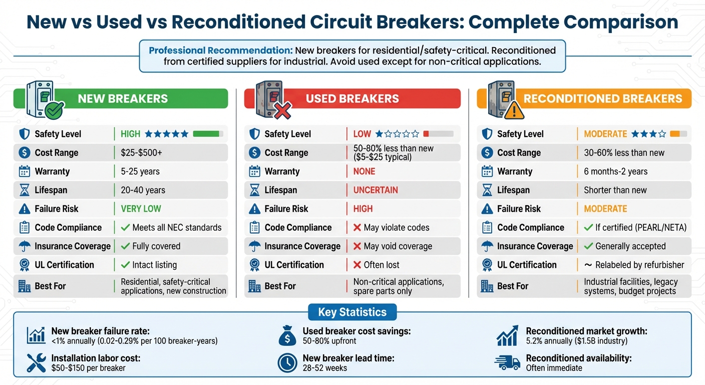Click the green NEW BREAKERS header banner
click(123, 98)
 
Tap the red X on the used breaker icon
click(282, 110)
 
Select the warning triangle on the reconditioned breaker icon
click(514, 111)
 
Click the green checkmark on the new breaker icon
click(54, 110)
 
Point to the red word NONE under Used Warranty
click(364, 171)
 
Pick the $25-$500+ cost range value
click(141, 153)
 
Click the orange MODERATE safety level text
click(605, 134)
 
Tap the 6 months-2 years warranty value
click(615, 171)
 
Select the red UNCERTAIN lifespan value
click(376, 190)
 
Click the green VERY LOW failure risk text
click(141, 209)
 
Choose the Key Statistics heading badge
click(352, 312)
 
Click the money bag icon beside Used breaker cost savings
click(287, 336)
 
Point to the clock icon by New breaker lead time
click(287, 363)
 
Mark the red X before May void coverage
click(357, 246)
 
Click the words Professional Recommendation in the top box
click(220, 51)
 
